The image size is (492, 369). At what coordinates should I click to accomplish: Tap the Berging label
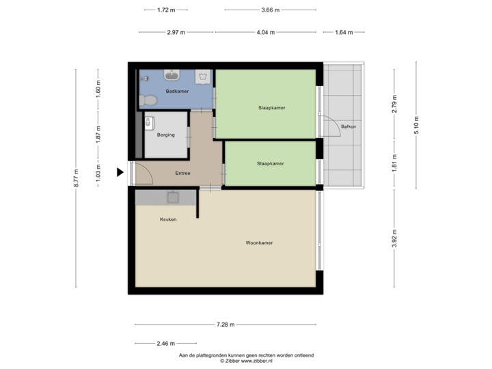coord(166,135)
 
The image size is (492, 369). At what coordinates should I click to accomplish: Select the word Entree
coord(182,174)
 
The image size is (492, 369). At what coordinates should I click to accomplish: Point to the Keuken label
coord(168,219)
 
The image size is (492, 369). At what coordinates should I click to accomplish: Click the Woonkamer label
coord(259,243)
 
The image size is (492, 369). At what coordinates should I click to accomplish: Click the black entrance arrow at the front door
coord(120,173)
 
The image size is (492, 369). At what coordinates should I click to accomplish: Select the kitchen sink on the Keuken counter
coord(174,197)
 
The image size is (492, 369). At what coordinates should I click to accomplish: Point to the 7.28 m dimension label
coord(225,325)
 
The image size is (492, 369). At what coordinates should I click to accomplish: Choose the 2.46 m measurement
coord(165,343)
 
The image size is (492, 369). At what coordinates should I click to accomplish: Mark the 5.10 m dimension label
coord(416,124)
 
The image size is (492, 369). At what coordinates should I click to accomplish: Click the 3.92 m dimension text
coord(394,239)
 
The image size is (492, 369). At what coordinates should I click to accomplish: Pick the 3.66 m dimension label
coord(270,10)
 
